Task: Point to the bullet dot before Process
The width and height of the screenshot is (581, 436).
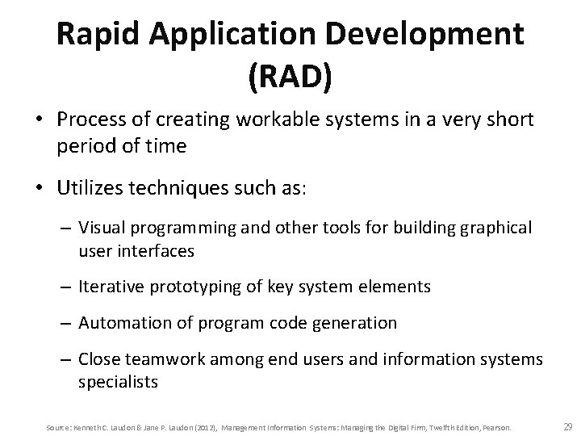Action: pos(38,121)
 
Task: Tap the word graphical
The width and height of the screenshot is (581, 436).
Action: pos(495,228)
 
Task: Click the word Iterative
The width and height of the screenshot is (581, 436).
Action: pos(111,287)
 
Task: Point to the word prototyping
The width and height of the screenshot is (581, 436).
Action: pos(188,287)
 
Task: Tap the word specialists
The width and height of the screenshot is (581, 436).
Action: pos(114,381)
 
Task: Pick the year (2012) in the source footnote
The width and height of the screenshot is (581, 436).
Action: pos(204,426)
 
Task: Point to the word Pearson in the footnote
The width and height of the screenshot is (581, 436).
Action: pos(499,426)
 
